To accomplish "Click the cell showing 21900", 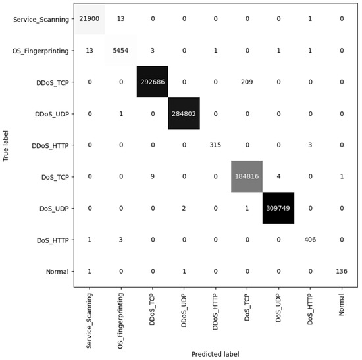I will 90,19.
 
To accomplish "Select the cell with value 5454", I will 121,51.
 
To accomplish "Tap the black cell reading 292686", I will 153,82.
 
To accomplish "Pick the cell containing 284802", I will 184,113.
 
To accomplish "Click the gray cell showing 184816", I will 247,176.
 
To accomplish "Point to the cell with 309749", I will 278,208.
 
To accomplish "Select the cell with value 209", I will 247,82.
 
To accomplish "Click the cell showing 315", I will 216,145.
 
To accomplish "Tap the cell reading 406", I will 310,240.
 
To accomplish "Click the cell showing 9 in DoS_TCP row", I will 153,176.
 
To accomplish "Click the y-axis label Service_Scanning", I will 40,19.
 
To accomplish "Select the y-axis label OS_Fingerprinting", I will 40,51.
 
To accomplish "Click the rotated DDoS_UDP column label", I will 184,311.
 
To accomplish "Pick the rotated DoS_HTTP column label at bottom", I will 310,311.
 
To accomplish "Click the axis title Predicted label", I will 216,353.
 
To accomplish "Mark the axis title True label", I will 6,145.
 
